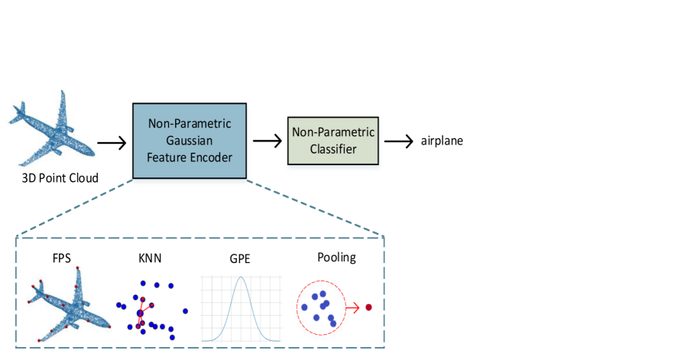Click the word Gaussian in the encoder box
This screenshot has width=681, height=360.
(190, 141)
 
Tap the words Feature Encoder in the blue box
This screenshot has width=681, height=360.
(190, 157)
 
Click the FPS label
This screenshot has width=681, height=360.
(62, 258)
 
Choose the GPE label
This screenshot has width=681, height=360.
(240, 258)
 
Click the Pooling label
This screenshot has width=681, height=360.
(336, 257)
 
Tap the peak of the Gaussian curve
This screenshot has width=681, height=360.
(241, 277)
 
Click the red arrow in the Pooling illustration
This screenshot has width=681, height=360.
(353, 308)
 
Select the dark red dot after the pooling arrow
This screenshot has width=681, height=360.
(368, 307)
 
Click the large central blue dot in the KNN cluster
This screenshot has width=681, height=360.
(140, 313)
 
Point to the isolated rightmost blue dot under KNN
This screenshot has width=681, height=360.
(185, 311)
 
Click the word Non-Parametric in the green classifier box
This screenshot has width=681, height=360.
(333, 133)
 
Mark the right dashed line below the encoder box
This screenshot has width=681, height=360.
(316, 209)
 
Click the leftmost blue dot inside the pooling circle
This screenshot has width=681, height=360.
(304, 307)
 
